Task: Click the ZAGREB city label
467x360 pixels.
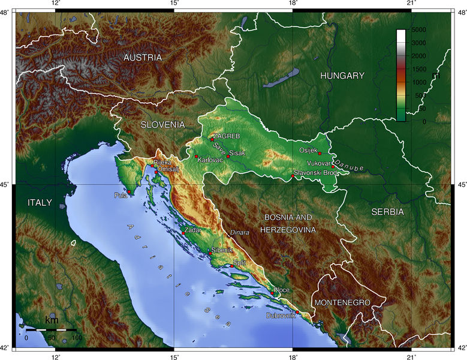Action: [226, 136]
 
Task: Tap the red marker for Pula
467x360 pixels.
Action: [129, 191]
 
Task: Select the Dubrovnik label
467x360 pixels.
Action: [281, 315]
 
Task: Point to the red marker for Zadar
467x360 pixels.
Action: [183, 233]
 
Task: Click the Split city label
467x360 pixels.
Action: [240, 263]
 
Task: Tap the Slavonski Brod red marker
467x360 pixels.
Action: [293, 176]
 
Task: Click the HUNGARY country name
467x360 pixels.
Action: [342, 76]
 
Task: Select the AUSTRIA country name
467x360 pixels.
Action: [142, 58]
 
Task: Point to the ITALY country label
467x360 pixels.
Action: [40, 202]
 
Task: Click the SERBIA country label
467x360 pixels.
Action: [387, 212]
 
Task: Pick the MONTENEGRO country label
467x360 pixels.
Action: [342, 302]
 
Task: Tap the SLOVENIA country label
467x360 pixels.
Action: [162, 125]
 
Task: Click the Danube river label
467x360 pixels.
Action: [350, 165]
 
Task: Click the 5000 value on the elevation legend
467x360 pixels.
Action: [418, 29]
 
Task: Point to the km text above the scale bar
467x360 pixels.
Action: [52, 320]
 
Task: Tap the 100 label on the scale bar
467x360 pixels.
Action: [77, 338]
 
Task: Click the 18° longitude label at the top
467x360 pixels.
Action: [293, 4]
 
